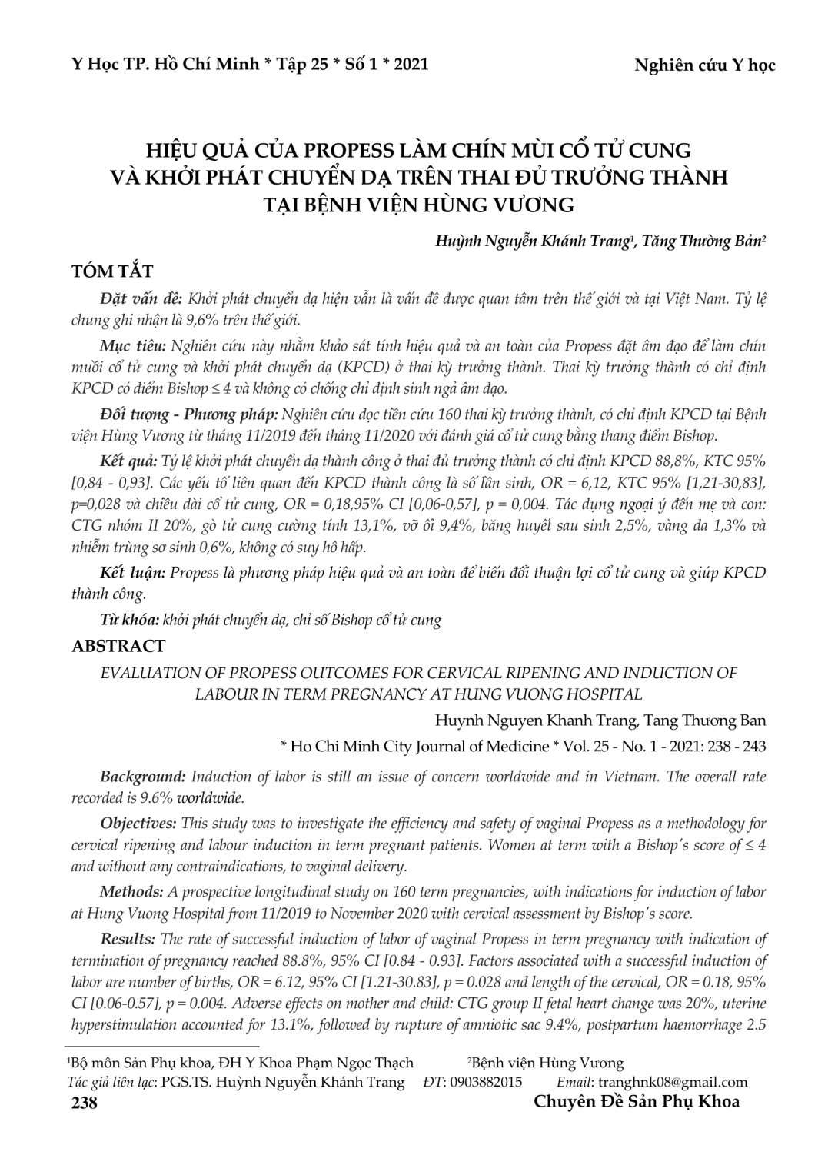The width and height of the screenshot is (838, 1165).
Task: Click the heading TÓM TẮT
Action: click(111, 271)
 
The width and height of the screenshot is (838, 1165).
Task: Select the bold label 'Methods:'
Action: click(130, 892)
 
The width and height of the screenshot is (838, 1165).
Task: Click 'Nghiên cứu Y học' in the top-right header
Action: click(704, 65)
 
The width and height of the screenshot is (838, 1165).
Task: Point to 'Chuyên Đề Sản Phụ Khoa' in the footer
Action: click(637, 1101)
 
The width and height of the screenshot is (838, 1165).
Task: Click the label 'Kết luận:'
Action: click(132, 573)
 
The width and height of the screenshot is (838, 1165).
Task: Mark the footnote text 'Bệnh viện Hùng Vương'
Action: click(548, 1063)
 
